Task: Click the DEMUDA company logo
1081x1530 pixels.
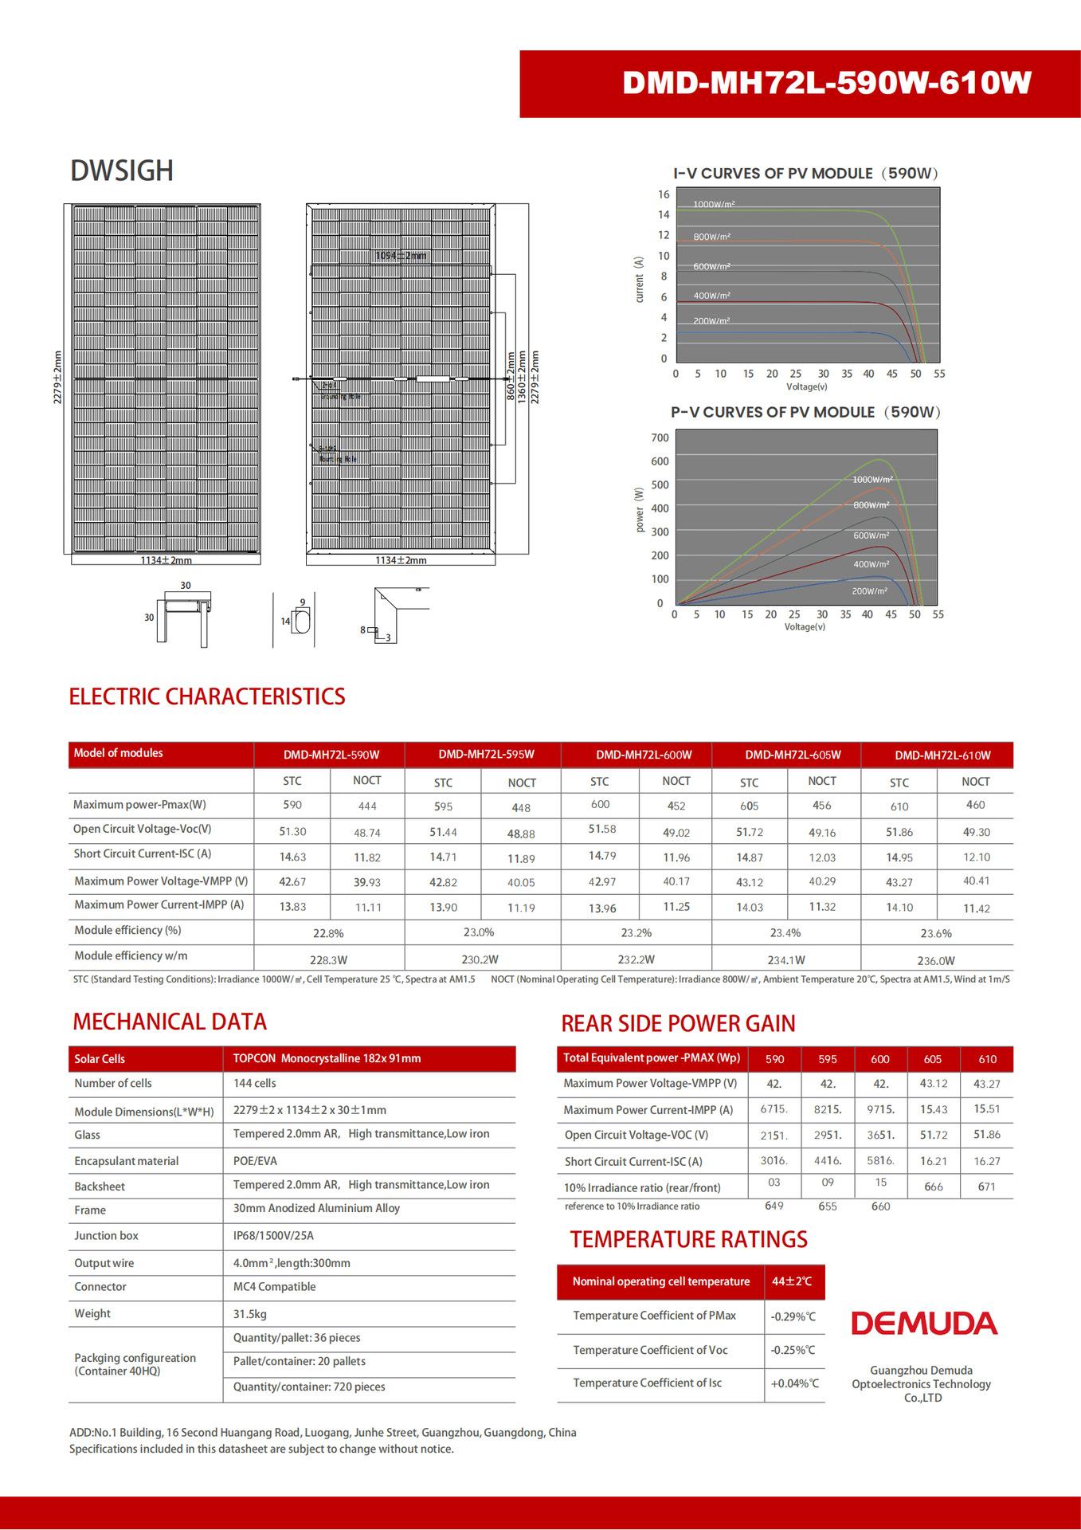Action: tap(924, 1324)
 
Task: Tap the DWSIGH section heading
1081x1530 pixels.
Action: tap(122, 171)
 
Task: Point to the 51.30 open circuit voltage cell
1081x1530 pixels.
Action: tap(292, 831)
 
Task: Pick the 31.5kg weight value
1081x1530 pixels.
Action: tap(250, 1313)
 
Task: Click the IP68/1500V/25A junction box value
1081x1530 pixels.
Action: tap(274, 1235)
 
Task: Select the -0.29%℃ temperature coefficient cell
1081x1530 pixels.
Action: tap(793, 1317)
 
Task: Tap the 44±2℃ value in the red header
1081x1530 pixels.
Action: tap(793, 1281)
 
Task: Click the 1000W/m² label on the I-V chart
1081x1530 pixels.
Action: tap(714, 205)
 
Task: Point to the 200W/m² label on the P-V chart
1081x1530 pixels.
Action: tap(869, 591)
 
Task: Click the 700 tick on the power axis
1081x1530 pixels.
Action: tap(660, 437)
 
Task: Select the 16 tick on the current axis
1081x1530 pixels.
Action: tap(664, 194)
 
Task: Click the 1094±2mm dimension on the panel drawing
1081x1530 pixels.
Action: tap(401, 256)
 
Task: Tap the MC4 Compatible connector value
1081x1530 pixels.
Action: tap(274, 1286)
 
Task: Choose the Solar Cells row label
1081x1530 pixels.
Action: tap(100, 1059)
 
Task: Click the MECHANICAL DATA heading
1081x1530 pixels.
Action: tap(170, 1022)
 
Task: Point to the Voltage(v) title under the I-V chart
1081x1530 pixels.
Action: tap(806, 386)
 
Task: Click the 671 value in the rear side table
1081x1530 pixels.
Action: tap(987, 1187)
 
